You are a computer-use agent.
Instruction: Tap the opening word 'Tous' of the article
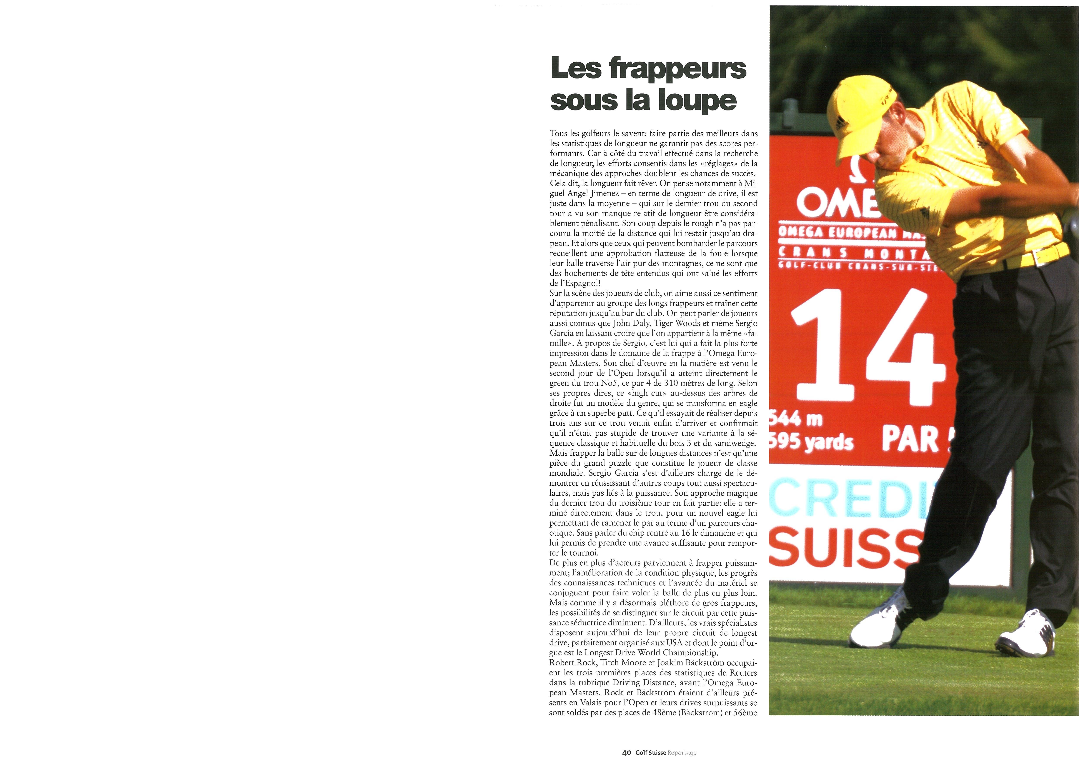pos(558,133)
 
